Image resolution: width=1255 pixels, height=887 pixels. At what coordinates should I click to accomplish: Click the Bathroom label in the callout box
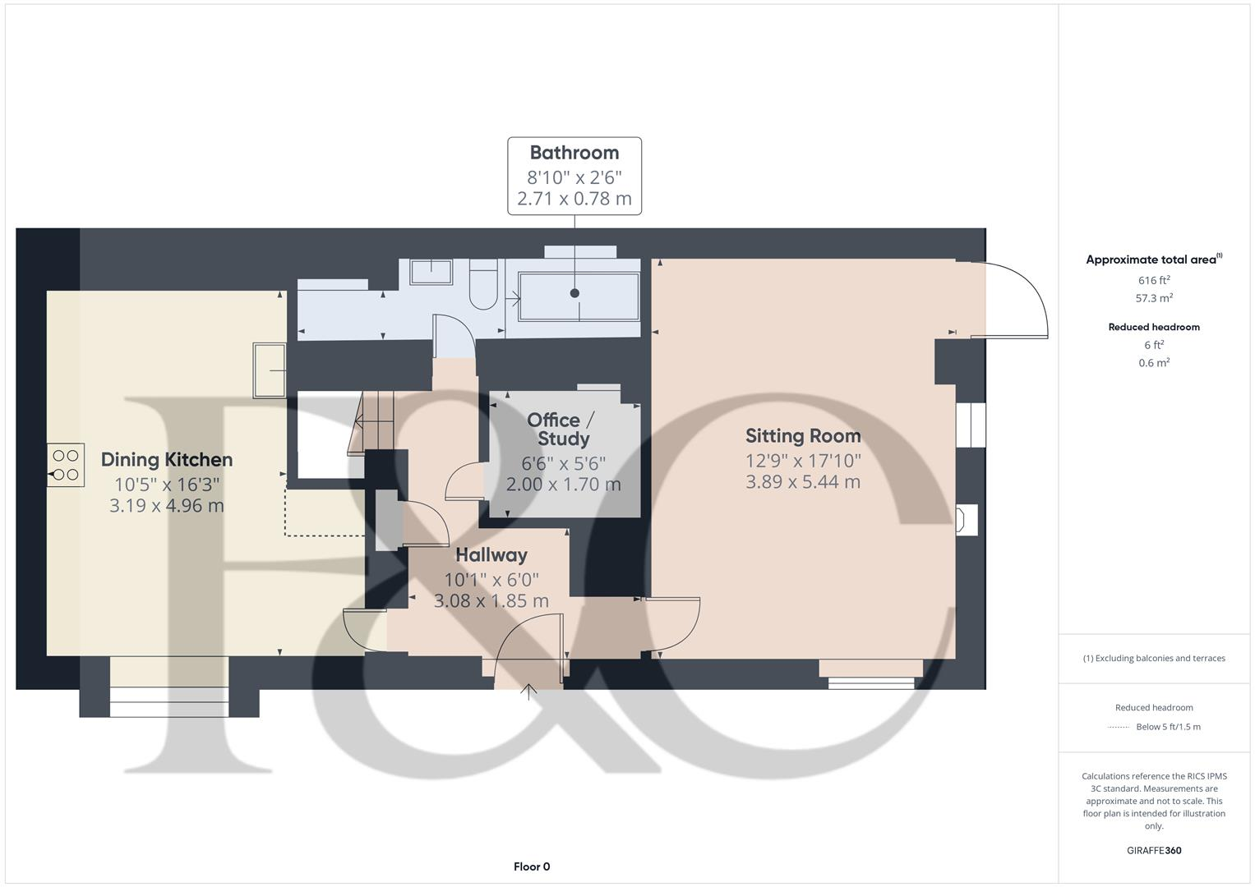pyautogui.click(x=574, y=153)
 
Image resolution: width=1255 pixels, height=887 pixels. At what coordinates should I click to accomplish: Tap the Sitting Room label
pyautogui.click(x=803, y=436)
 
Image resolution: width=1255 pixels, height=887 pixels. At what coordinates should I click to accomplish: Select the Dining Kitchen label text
pyautogui.click(x=167, y=460)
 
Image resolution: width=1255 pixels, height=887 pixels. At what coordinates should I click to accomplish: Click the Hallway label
pyautogui.click(x=491, y=555)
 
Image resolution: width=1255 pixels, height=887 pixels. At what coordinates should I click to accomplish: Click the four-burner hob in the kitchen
pyautogui.click(x=66, y=465)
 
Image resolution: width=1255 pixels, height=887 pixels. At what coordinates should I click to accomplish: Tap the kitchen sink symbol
pyautogui.click(x=270, y=370)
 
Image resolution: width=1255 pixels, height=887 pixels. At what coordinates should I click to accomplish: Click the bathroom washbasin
pyautogui.click(x=431, y=272)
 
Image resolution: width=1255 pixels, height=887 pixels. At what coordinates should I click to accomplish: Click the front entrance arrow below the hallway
pyautogui.click(x=528, y=692)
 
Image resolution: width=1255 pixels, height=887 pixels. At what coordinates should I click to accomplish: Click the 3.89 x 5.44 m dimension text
pyautogui.click(x=803, y=482)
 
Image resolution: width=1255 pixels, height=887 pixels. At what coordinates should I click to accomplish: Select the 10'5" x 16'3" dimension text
pyautogui.click(x=167, y=485)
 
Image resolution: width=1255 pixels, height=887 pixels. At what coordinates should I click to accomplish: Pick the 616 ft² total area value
pyautogui.click(x=1154, y=280)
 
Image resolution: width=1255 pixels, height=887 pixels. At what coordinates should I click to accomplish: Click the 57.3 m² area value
pyautogui.click(x=1154, y=299)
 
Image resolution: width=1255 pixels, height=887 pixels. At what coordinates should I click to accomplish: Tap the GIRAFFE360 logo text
pyautogui.click(x=1154, y=850)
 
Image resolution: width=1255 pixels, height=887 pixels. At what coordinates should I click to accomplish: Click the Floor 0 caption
pyautogui.click(x=532, y=866)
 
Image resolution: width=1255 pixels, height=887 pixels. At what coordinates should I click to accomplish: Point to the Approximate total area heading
pyautogui.click(x=1152, y=260)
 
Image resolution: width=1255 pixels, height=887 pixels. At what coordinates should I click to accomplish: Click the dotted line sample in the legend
pyautogui.click(x=1118, y=727)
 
